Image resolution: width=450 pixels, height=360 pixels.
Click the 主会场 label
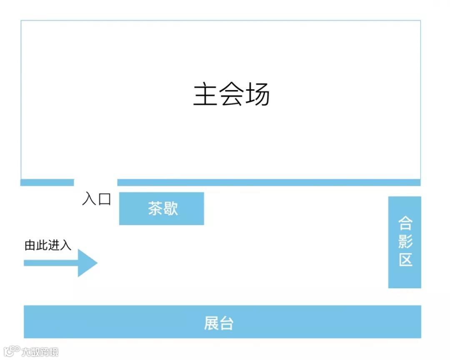(x=232, y=95)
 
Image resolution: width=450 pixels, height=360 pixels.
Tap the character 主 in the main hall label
(x=205, y=95)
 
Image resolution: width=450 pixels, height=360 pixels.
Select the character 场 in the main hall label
(x=257, y=95)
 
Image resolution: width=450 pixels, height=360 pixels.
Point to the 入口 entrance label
(x=97, y=199)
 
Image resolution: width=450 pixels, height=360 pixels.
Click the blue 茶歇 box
(x=162, y=208)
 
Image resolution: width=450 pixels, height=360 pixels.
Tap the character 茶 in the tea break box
(x=155, y=208)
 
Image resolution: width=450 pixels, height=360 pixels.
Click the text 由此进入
(x=48, y=245)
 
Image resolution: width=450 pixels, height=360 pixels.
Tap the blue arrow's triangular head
(x=87, y=263)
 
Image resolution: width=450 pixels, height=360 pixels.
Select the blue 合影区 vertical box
(x=405, y=242)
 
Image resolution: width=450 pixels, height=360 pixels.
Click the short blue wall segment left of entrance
(x=47, y=182)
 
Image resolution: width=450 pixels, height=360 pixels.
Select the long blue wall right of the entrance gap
(x=269, y=182)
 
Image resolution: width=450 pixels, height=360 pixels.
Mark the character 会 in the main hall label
(x=231, y=95)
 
